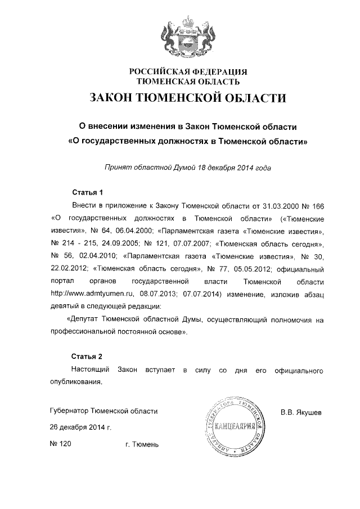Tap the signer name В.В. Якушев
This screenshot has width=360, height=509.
coord(301,412)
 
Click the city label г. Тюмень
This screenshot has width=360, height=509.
coord(142,445)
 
